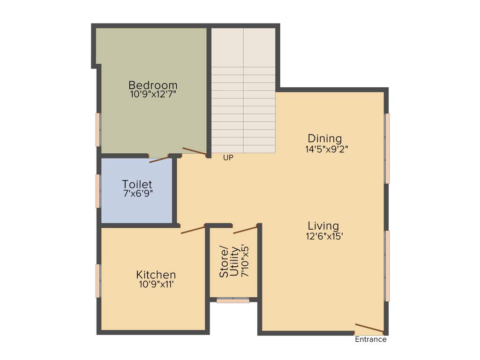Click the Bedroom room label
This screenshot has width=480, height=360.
coord(153,85)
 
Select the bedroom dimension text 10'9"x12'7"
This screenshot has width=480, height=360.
coord(153,94)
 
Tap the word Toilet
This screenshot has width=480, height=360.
coord(137,184)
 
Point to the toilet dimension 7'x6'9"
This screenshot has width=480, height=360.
coord(138,193)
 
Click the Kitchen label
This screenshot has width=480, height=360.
coord(156,275)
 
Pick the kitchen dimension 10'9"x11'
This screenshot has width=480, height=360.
coord(156,284)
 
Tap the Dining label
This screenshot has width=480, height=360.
coord(325,139)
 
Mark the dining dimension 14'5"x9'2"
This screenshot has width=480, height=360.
coord(326,149)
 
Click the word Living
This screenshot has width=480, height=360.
coord(323,226)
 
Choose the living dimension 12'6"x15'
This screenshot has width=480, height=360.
coord(325,236)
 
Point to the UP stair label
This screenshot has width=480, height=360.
coord(228,158)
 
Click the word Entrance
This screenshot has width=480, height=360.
coord(371,339)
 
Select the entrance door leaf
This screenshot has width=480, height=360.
coord(369,328)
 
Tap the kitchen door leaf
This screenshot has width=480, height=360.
coord(193,230)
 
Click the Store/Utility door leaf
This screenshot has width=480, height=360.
coord(245,229)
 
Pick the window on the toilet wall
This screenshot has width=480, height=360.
coord(98,191)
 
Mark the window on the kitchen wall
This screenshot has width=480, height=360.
coord(98,281)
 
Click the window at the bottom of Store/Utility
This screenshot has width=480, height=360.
coord(233,300)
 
